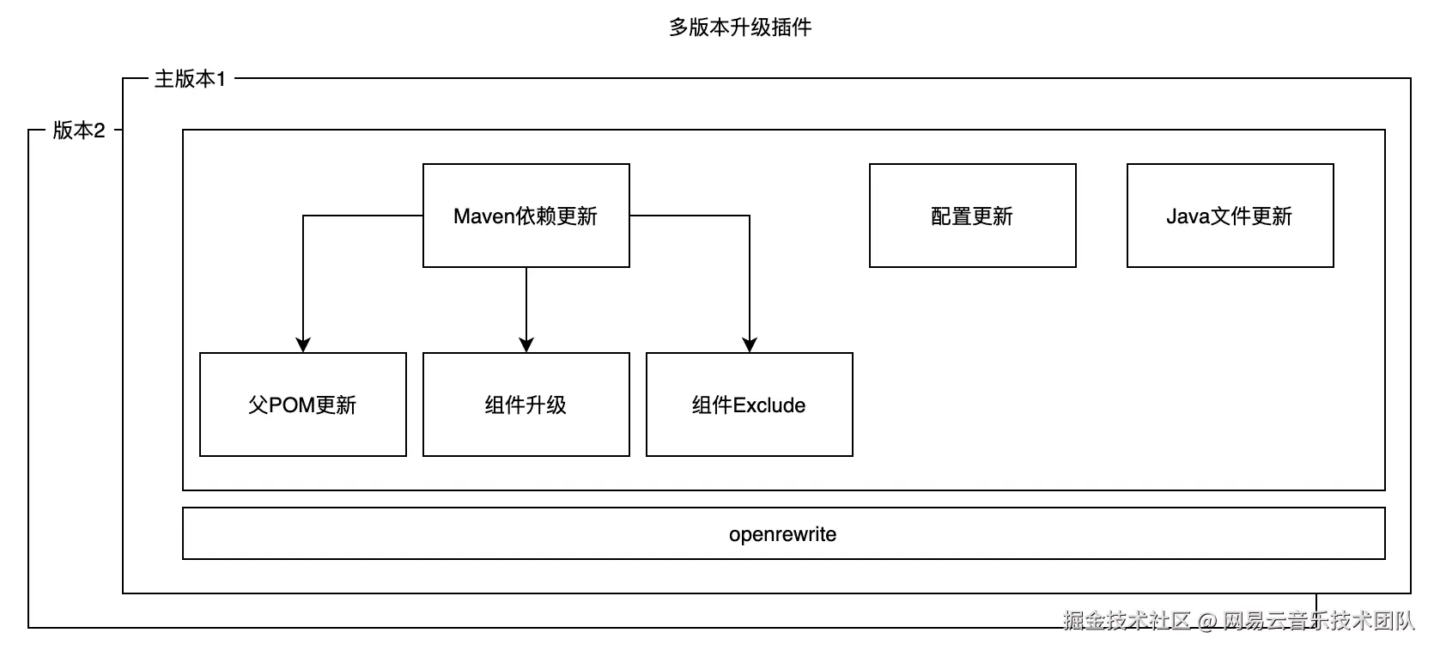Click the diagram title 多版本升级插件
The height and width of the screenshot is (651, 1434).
(x=739, y=27)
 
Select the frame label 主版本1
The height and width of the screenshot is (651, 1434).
(x=189, y=79)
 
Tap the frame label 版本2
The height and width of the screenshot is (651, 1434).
(x=78, y=131)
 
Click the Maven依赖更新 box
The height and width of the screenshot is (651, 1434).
(x=526, y=216)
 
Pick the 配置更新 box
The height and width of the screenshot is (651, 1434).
(x=972, y=216)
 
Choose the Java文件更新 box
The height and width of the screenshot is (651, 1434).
(x=1230, y=216)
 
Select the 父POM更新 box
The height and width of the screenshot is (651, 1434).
(x=302, y=405)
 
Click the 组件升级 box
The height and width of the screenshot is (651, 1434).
(x=526, y=405)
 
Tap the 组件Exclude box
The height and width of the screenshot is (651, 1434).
(x=749, y=405)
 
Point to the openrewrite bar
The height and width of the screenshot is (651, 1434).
(x=783, y=533)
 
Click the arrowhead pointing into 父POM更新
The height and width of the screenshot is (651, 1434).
(x=302, y=344)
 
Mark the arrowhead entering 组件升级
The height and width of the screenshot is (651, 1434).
(x=526, y=344)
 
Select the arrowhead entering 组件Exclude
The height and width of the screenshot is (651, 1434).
(x=750, y=344)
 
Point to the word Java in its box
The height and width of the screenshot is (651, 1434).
(x=1188, y=216)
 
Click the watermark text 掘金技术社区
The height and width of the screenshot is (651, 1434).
(x=1127, y=621)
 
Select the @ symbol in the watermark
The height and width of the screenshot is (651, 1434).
(x=1206, y=621)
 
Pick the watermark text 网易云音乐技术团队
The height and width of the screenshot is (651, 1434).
(x=1318, y=621)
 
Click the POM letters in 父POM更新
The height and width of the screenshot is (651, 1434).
(x=292, y=405)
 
